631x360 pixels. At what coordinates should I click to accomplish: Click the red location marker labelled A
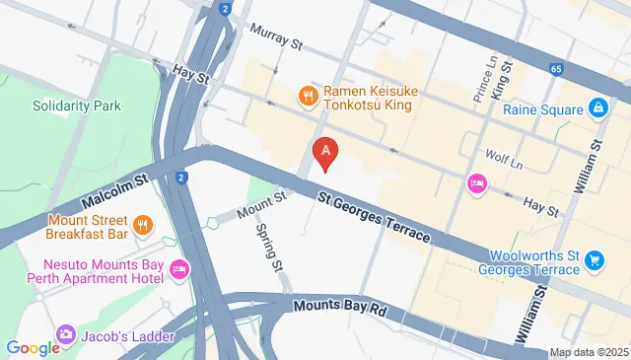pos(326,152)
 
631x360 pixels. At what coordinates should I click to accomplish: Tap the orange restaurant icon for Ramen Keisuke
pos(308,96)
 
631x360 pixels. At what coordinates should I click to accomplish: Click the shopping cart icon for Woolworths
pos(594,260)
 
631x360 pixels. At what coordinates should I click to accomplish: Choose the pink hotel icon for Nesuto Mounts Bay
pos(178,268)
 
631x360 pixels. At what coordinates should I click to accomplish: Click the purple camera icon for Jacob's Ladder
pos(66,335)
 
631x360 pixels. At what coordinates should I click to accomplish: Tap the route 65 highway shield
pos(557,70)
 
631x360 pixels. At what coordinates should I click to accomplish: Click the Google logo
pos(34,347)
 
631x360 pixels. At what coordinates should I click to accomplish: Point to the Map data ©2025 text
pos(588,352)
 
